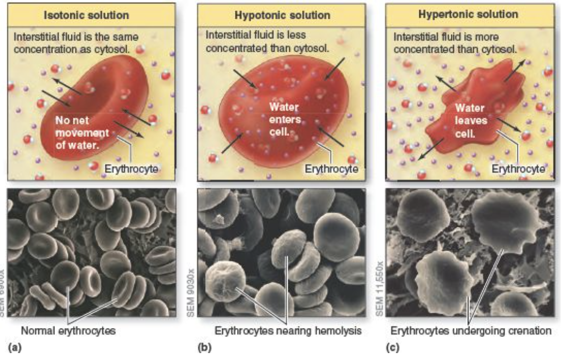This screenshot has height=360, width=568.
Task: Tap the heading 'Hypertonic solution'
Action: tap(468, 14)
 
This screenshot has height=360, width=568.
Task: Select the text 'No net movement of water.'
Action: tap(82, 132)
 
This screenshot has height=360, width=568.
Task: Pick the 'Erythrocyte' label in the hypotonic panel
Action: tap(331, 169)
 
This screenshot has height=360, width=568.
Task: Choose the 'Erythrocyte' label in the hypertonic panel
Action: tap(518, 169)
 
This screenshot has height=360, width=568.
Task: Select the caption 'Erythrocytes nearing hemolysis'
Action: tap(288, 331)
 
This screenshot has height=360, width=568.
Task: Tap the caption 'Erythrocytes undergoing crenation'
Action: tap(471, 331)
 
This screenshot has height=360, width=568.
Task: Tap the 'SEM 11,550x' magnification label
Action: tap(379, 288)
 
